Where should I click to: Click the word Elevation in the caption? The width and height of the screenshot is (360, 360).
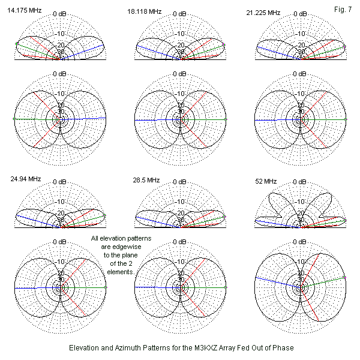86,348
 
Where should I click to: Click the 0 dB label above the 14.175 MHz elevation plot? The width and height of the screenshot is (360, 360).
60,13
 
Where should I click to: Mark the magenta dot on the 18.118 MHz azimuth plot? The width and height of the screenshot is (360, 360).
226,119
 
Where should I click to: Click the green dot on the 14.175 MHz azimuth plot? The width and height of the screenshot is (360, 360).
14,119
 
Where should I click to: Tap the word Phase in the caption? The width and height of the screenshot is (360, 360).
280,348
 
